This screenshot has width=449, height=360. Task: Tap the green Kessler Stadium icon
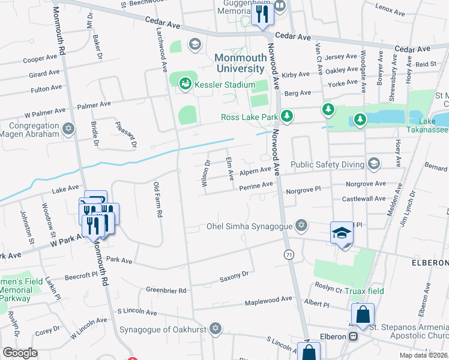185,85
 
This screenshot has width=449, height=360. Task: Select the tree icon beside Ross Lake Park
288,115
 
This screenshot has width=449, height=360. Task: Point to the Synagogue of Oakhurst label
163,329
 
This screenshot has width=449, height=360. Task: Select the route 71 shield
289,254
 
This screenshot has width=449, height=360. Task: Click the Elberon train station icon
354,337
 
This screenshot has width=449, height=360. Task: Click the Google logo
20,353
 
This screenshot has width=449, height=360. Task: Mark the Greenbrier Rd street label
166,290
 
